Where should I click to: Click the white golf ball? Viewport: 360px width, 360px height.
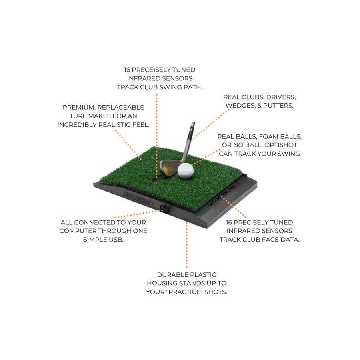185,170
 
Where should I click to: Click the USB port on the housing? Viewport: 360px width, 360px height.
163,208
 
